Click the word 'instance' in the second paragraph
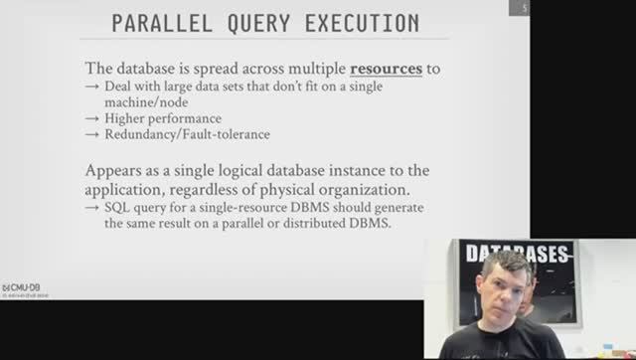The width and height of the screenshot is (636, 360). [x=356, y=170]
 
